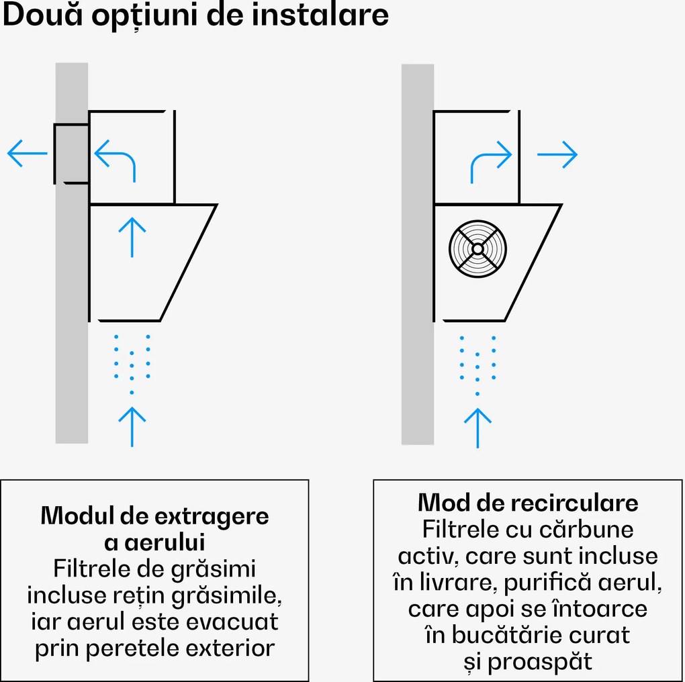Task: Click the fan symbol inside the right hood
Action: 477,248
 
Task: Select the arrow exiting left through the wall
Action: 27,154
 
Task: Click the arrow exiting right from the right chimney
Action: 557,155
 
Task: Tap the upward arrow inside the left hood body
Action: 132,237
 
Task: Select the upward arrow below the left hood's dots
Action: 132,426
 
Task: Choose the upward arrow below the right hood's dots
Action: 477,428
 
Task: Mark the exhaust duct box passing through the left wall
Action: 71,153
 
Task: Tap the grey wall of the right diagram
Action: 418,336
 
